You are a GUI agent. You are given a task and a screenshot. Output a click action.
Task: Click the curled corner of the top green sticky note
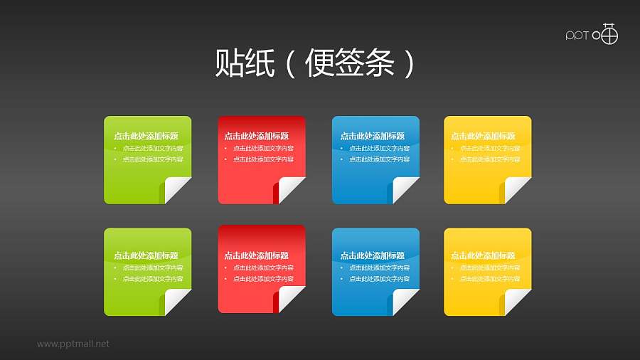tap(178, 190)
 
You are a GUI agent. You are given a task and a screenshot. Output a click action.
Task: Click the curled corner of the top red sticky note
tap(292, 190)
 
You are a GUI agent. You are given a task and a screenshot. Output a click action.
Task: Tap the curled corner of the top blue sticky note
tap(405, 190)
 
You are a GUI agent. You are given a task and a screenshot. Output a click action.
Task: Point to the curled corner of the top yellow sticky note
tap(518, 190)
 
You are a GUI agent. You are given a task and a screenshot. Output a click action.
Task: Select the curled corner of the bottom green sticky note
tap(178, 302)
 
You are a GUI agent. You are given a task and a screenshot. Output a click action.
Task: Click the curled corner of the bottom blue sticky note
tap(405, 302)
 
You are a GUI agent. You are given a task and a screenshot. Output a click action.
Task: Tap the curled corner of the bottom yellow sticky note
tap(518, 302)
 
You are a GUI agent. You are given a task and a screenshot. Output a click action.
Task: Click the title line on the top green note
tap(146, 136)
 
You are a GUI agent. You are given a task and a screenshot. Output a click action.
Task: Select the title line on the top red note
tap(257, 136)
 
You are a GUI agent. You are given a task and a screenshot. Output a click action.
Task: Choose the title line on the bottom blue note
tap(373, 255)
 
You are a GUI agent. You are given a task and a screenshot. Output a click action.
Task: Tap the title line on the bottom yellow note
tap(483, 255)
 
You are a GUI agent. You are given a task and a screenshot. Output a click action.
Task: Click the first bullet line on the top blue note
tap(379, 148)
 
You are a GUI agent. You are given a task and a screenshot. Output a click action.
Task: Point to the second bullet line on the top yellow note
tap(490, 159)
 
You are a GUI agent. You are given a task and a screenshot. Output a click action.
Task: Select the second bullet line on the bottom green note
tap(153, 279)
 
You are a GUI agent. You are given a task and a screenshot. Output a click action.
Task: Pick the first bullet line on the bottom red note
tap(263, 268)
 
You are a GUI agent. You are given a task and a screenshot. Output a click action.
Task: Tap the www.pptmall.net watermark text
tap(73, 344)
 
